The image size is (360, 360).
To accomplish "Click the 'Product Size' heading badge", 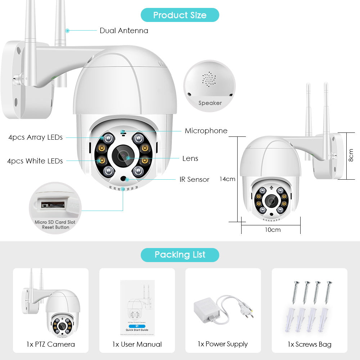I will pos(180,15).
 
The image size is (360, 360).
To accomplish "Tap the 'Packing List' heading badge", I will pos(180,255).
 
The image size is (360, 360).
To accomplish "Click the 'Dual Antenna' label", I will pos(124,31).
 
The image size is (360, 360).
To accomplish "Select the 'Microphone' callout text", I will pos(206,131).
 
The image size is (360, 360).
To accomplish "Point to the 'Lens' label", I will pos(190,158).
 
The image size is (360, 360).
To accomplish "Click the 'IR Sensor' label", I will pos(194,179).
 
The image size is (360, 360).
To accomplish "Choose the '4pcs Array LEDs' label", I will pos(36,137).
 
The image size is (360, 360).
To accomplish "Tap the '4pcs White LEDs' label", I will pos(35,161).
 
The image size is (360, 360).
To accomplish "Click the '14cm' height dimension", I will pos(228,179).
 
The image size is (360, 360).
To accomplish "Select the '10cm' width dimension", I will pos(273,230).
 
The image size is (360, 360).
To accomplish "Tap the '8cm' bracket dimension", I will pos(351,156).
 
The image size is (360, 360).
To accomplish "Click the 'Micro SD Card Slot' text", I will pos(55,222).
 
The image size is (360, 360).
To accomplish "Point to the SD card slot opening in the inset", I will pos(53,205).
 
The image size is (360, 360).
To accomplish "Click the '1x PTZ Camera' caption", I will pos(51,344).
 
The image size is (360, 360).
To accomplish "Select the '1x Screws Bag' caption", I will pos(309,344).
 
